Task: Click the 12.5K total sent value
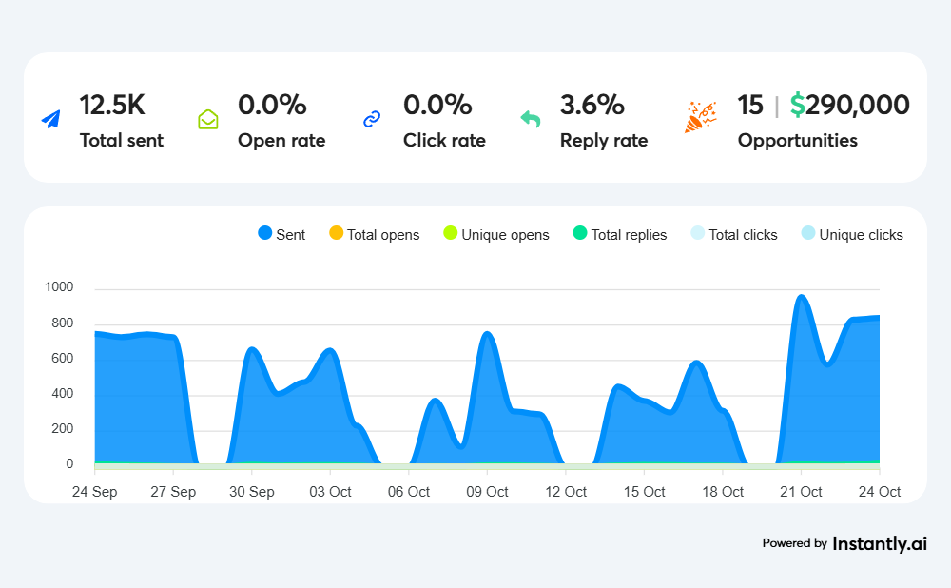(111, 105)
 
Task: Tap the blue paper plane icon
(50, 119)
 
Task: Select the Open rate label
(281, 141)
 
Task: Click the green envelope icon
(208, 119)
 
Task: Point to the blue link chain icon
(372, 119)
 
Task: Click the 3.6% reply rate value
(592, 105)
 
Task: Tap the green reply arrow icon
(530, 119)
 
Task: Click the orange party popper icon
(700, 116)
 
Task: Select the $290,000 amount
(849, 105)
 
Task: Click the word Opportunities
(797, 141)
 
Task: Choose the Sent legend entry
(281, 234)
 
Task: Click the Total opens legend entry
(374, 234)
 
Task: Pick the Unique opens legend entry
(496, 234)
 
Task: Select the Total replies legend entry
(620, 234)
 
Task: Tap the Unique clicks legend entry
(852, 234)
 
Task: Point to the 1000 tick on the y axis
(58, 287)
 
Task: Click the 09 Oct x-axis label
(487, 492)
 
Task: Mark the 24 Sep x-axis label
(94, 492)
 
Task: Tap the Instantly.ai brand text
(879, 544)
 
